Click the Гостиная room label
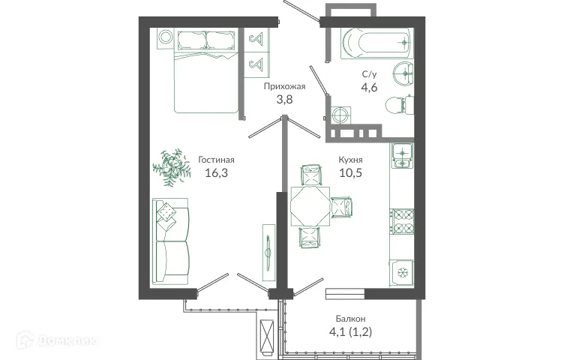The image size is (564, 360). [x=217, y=159]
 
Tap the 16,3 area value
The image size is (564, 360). [x=217, y=172]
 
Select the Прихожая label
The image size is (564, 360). [x=284, y=86]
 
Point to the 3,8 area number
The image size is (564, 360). [x=284, y=100]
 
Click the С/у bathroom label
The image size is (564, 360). [x=370, y=74]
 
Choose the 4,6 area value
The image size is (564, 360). [x=370, y=88]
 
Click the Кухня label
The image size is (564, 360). [x=350, y=159]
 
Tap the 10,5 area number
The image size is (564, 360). [x=350, y=172]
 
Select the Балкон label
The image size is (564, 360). [x=351, y=318]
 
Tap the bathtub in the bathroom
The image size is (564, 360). [x=375, y=43]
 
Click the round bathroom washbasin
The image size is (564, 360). [x=403, y=72]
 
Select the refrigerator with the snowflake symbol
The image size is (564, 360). [x=401, y=271]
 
